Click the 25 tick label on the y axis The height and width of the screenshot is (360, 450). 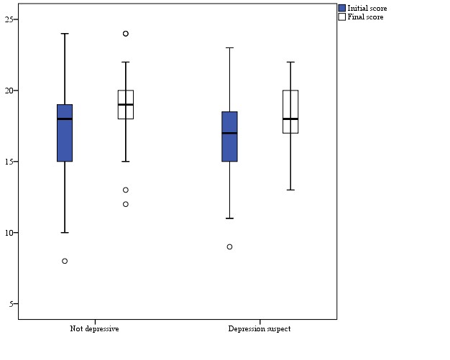pyautogui.click(x=10, y=19)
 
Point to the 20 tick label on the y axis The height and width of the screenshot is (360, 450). pyautogui.click(x=10, y=91)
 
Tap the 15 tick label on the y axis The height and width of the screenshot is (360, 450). pyautogui.click(x=10, y=162)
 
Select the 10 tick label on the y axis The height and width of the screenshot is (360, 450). pyautogui.click(x=10, y=233)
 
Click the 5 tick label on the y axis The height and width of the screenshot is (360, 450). pyautogui.click(x=12, y=304)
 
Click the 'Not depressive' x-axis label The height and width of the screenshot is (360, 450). pyautogui.click(x=94, y=329)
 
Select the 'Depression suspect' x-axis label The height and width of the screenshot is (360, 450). pyautogui.click(x=260, y=329)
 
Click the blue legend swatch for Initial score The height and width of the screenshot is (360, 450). pyautogui.click(x=342, y=8)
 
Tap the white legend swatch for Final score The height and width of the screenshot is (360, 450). pyautogui.click(x=342, y=17)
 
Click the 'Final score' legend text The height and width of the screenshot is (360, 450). pyautogui.click(x=365, y=17)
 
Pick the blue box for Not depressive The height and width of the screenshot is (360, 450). pyautogui.click(x=65, y=133)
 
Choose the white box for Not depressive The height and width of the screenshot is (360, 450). pyautogui.click(x=126, y=104)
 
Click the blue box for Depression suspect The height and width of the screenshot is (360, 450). pyautogui.click(x=229, y=137)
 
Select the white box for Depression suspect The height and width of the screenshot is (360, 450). pyautogui.click(x=290, y=111)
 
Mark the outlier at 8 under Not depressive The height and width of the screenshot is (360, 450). pyautogui.click(x=65, y=261)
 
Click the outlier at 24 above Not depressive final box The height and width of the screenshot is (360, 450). pyautogui.click(x=126, y=34)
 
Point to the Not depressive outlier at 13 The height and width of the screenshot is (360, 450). pyautogui.click(x=126, y=190)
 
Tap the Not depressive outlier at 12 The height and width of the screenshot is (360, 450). pyautogui.click(x=126, y=204)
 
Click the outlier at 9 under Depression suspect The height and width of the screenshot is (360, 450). pyautogui.click(x=229, y=246)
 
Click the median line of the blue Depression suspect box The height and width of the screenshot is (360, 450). pyautogui.click(x=229, y=133)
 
